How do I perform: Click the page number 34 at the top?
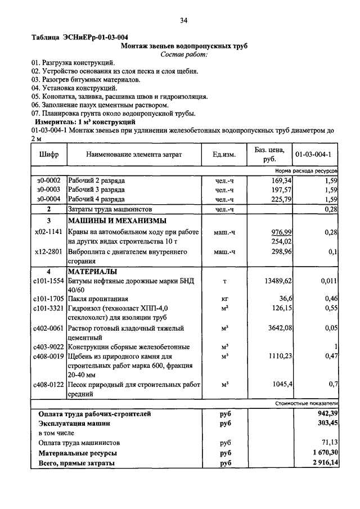tap(183, 21)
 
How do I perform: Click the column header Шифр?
tap(48, 154)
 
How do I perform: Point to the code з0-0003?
tap(48, 190)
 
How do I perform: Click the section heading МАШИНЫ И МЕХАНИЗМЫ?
tap(117, 220)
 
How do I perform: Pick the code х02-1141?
tap(48, 232)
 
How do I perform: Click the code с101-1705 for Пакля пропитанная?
tap(48, 299)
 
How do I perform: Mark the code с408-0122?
tap(48, 385)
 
